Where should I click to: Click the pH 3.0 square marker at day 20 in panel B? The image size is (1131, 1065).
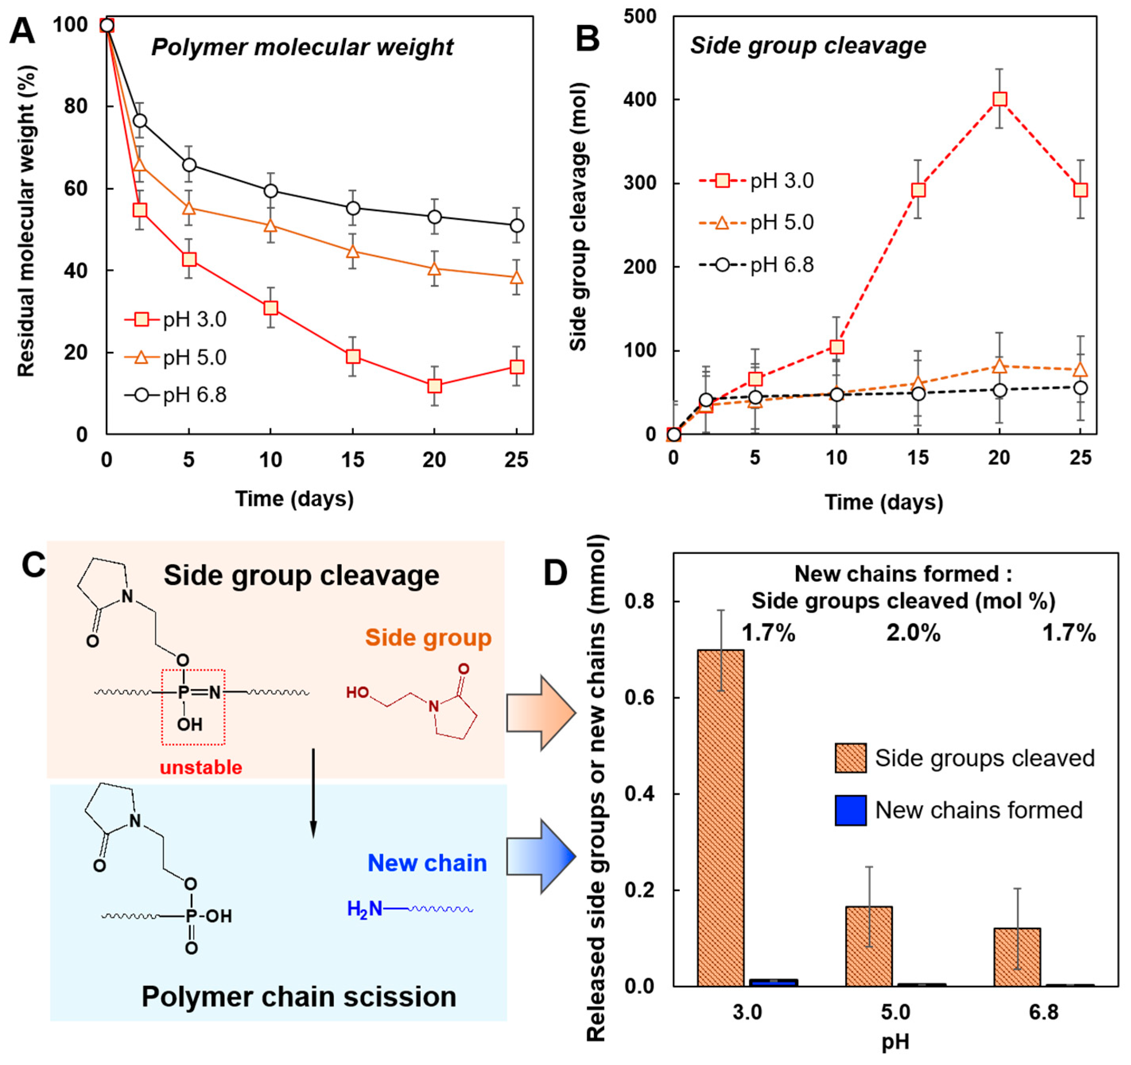coord(999,99)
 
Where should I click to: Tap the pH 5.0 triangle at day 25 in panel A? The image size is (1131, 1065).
coord(516,277)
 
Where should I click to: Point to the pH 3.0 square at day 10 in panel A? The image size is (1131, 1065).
coord(270,308)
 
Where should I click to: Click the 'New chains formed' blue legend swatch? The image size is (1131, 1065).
coord(850,810)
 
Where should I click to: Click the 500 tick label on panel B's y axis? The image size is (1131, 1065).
coord(640,17)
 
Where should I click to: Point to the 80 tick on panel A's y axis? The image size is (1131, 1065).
coord(76,107)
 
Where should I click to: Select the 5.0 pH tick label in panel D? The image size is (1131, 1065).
coord(896,1012)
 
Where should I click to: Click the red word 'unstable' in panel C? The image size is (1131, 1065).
coord(201,768)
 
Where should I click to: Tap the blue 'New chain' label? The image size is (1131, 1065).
coord(427,863)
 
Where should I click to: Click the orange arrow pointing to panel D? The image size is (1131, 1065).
coord(541,713)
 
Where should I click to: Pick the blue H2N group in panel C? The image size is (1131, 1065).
coord(365,909)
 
